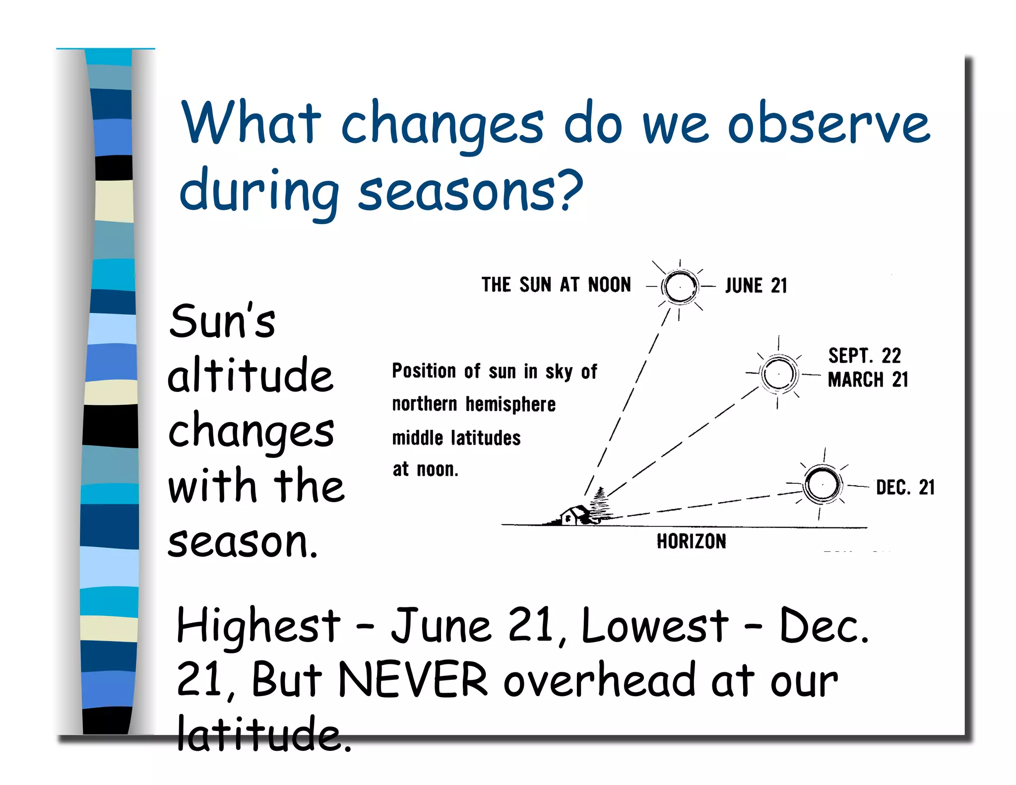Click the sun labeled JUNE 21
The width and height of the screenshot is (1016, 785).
pyautogui.click(x=680, y=287)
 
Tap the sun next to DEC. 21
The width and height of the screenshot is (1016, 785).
pyautogui.click(x=823, y=484)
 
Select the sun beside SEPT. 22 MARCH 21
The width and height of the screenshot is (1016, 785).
pyautogui.click(x=778, y=374)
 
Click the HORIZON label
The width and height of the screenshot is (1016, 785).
pyautogui.click(x=691, y=541)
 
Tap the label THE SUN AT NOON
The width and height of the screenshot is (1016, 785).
pyautogui.click(x=556, y=285)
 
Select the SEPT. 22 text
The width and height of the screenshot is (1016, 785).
pyautogui.click(x=864, y=356)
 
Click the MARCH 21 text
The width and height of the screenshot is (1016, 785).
pyautogui.click(x=868, y=380)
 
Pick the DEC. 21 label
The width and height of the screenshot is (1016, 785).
pyautogui.click(x=905, y=487)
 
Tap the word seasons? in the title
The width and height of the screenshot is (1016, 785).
pyautogui.click(x=469, y=192)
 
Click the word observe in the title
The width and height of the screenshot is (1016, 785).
pyautogui.click(x=828, y=124)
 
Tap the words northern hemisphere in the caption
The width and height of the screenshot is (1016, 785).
pyautogui.click(x=473, y=404)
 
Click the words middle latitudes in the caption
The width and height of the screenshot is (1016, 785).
pyautogui.click(x=456, y=438)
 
